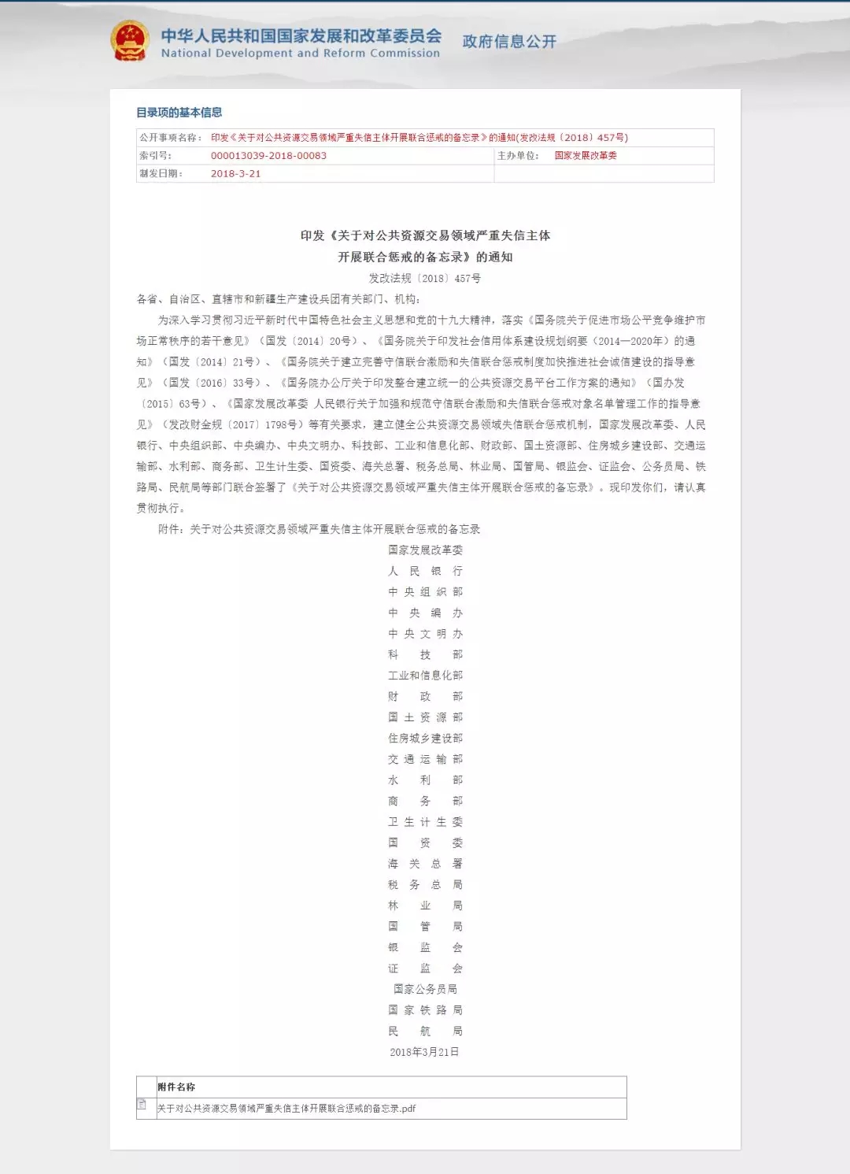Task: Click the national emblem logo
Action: point(129,41)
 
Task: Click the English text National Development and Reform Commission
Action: point(300,54)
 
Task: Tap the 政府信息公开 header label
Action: point(509,41)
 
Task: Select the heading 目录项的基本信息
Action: point(179,113)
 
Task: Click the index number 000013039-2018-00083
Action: point(268,156)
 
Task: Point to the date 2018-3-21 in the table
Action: point(235,174)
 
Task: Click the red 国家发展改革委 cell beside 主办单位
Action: point(586,156)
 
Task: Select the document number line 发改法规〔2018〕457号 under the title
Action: point(425,278)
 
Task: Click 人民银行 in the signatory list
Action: point(425,571)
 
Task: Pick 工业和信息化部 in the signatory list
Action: point(425,676)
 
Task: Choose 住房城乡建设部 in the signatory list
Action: point(425,738)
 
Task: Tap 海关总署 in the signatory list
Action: point(425,864)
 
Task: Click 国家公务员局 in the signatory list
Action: point(425,989)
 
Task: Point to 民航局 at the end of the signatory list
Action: point(425,1031)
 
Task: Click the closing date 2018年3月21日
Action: point(425,1052)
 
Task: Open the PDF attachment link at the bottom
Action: point(286,1109)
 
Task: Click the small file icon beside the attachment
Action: point(142,1104)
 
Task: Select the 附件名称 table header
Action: point(176,1087)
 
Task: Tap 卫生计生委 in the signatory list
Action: point(425,822)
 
